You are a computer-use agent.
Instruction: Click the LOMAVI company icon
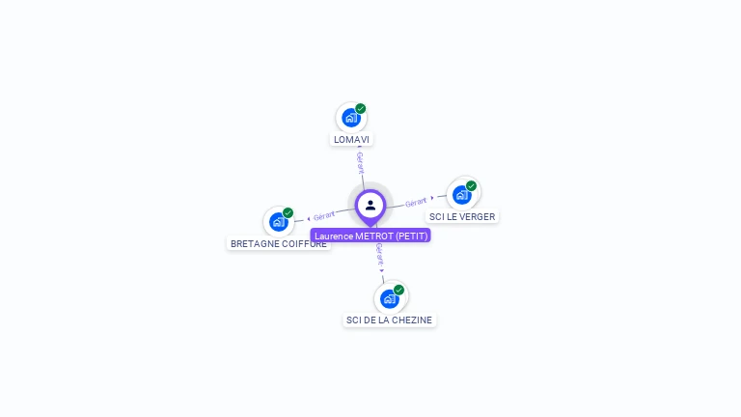tap(350, 118)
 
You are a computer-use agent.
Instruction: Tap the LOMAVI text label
tap(351, 140)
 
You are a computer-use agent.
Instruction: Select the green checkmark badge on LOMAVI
tap(361, 109)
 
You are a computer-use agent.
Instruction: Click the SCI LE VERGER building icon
tap(461, 195)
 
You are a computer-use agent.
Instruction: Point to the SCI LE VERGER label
tap(462, 217)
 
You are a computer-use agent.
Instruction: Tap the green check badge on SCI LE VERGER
tap(471, 186)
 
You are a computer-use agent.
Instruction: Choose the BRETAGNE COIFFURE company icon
tap(279, 222)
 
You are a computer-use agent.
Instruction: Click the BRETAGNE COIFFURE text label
tap(279, 244)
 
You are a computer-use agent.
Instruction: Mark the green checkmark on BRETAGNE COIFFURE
tap(288, 212)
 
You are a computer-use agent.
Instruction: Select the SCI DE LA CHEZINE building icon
tap(389, 298)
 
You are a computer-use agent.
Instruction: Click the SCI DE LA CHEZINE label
tap(390, 320)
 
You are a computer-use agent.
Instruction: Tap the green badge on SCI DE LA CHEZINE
tap(398, 290)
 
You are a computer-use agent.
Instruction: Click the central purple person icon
tap(370, 205)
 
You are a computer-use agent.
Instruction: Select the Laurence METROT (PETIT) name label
tap(370, 236)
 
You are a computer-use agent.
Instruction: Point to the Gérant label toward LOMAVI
tap(360, 161)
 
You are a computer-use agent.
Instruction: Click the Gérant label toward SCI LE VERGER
tap(417, 202)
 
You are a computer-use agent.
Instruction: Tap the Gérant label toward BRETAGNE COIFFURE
tap(324, 215)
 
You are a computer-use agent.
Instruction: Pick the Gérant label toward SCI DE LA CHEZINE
tap(380, 255)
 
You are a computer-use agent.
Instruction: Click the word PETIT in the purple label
tap(410, 236)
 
